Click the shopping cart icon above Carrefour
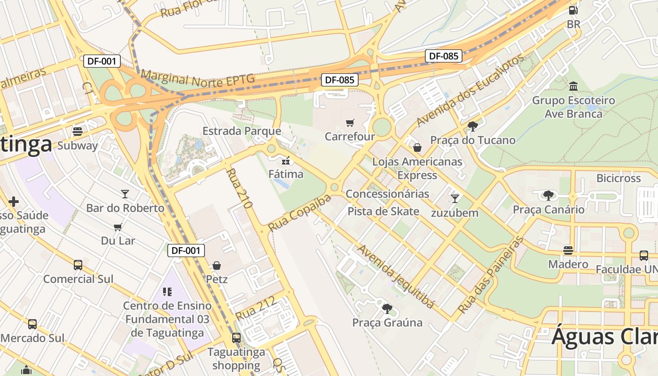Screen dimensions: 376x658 [x=350, y=123]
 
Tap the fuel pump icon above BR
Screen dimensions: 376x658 [x=573, y=10]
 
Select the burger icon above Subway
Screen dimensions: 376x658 [x=78, y=132]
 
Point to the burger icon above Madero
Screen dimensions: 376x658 [x=568, y=250]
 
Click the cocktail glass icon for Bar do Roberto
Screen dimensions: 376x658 [x=125, y=194]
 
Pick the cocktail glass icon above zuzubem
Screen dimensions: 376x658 [x=454, y=198]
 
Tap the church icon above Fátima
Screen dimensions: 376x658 [x=286, y=161]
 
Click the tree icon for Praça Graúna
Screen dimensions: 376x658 [x=387, y=309]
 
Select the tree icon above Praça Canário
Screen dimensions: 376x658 [x=548, y=195]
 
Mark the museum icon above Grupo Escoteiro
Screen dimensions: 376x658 [x=573, y=86]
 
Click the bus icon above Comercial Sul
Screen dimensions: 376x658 [x=78, y=265]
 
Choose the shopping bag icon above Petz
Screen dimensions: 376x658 [x=217, y=266]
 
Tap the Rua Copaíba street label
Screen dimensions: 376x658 [x=299, y=213]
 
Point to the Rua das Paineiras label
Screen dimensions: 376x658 [x=491, y=275]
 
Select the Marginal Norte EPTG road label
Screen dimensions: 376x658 [x=197, y=79]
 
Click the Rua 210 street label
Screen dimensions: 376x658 [x=239, y=188]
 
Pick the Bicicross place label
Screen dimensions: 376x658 [x=619, y=178]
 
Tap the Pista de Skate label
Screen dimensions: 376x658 [x=383, y=211]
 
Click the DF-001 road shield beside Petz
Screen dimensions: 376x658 [x=186, y=251]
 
